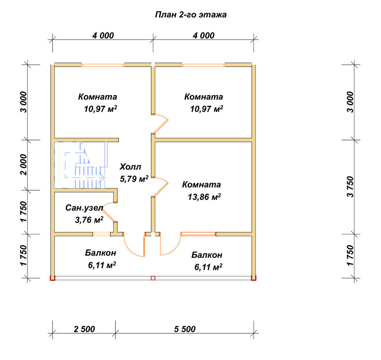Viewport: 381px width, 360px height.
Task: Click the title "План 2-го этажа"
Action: (x=191, y=15)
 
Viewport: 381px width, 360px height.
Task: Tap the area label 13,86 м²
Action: (x=204, y=197)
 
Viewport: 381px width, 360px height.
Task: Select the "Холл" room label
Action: (x=130, y=167)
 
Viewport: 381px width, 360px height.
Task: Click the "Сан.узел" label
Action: (x=84, y=208)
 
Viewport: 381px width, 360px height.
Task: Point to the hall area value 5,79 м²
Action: (x=134, y=179)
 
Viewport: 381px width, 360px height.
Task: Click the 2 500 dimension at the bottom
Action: (x=84, y=329)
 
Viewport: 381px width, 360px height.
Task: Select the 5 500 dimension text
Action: (x=185, y=329)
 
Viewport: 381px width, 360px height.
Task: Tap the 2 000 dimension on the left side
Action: (x=24, y=164)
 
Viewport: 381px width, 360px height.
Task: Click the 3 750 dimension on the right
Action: (x=351, y=187)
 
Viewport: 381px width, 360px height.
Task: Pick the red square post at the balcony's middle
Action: (x=153, y=278)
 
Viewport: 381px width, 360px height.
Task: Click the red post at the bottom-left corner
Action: (x=53, y=278)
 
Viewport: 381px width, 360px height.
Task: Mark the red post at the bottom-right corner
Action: (x=254, y=278)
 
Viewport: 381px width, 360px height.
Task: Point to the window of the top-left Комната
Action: (x=103, y=65)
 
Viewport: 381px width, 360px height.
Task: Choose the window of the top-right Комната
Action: (x=203, y=65)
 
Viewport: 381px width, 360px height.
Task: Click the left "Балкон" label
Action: (x=101, y=253)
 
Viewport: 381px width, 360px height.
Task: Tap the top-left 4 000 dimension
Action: (x=103, y=36)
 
